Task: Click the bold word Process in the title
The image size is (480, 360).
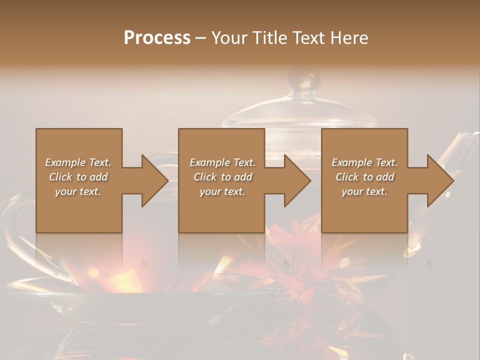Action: click(x=157, y=37)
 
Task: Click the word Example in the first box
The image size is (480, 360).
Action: click(x=65, y=162)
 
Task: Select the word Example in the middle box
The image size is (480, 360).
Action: click(x=209, y=162)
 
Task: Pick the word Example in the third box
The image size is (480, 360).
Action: click(x=351, y=162)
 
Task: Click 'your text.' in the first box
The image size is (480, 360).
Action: click(x=78, y=191)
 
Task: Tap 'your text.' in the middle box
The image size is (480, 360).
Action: click(x=222, y=191)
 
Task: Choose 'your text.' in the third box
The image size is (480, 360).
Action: click(x=364, y=191)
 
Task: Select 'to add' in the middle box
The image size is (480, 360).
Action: click(x=236, y=177)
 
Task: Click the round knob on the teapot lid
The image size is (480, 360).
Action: click(x=303, y=80)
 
